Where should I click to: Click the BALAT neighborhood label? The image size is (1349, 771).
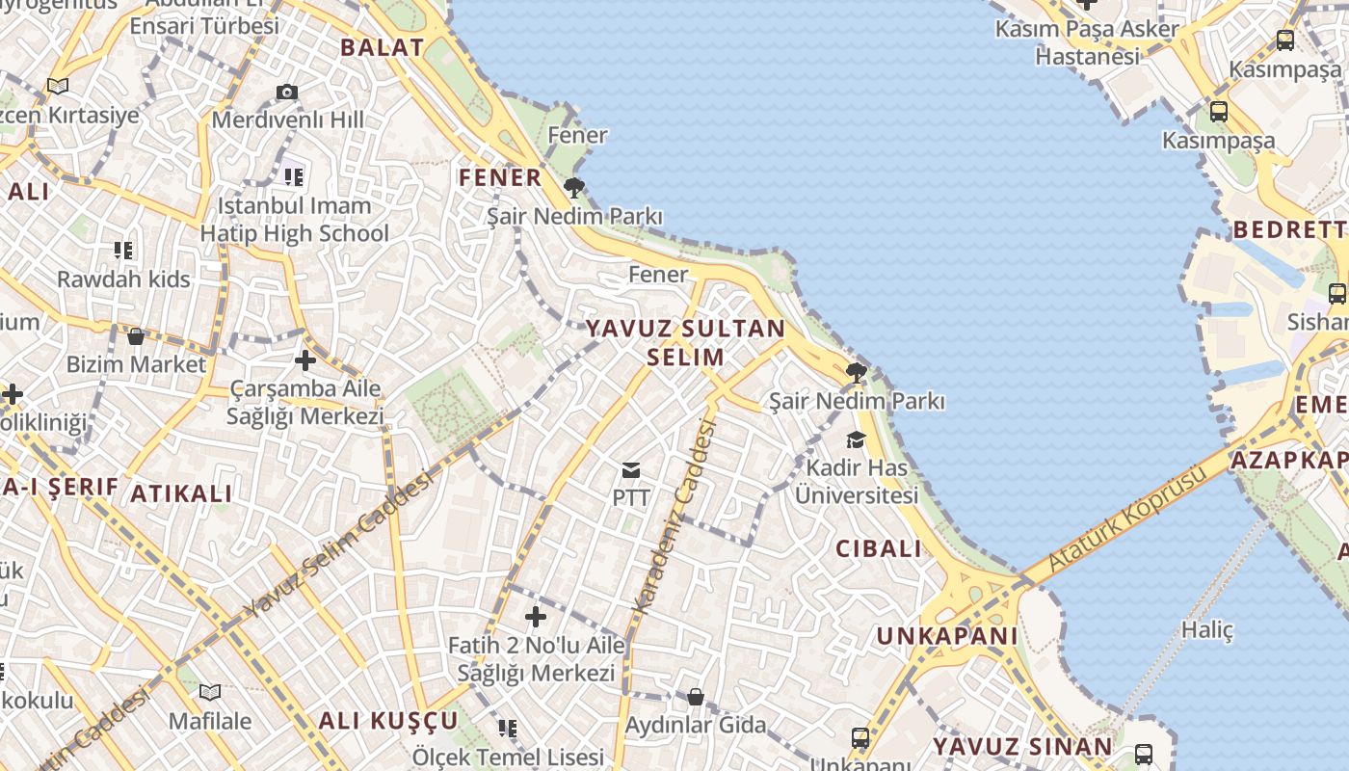tap(382, 47)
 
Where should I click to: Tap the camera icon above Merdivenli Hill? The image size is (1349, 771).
tap(287, 93)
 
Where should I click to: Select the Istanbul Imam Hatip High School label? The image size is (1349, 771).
tap(294, 220)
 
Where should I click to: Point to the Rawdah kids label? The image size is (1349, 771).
tap(123, 279)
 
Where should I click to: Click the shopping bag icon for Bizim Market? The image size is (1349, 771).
tap(136, 336)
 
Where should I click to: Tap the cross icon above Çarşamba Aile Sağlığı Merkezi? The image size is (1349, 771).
tap(304, 361)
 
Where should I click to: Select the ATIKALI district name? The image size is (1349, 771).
tap(181, 494)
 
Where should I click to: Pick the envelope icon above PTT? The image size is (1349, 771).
tap(631, 470)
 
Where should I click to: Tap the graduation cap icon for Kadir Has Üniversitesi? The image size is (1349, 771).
tap(856, 440)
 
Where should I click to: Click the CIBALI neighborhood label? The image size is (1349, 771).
tap(878, 549)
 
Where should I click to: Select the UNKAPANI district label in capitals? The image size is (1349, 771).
tap(946, 636)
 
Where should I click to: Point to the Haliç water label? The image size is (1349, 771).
tap(1207, 630)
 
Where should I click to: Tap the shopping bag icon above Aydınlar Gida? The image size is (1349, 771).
tap(695, 697)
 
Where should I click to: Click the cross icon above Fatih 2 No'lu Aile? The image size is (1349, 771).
tap(536, 617)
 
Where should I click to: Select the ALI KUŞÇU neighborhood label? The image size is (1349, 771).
tap(388, 721)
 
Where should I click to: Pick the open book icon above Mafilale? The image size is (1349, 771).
tap(210, 692)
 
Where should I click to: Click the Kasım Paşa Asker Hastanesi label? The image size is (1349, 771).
tap(1087, 42)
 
